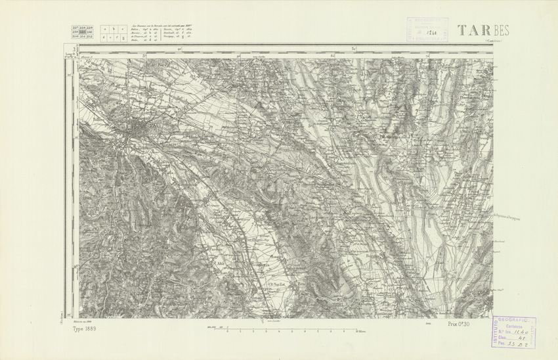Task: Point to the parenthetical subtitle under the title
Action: tap(497, 41)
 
